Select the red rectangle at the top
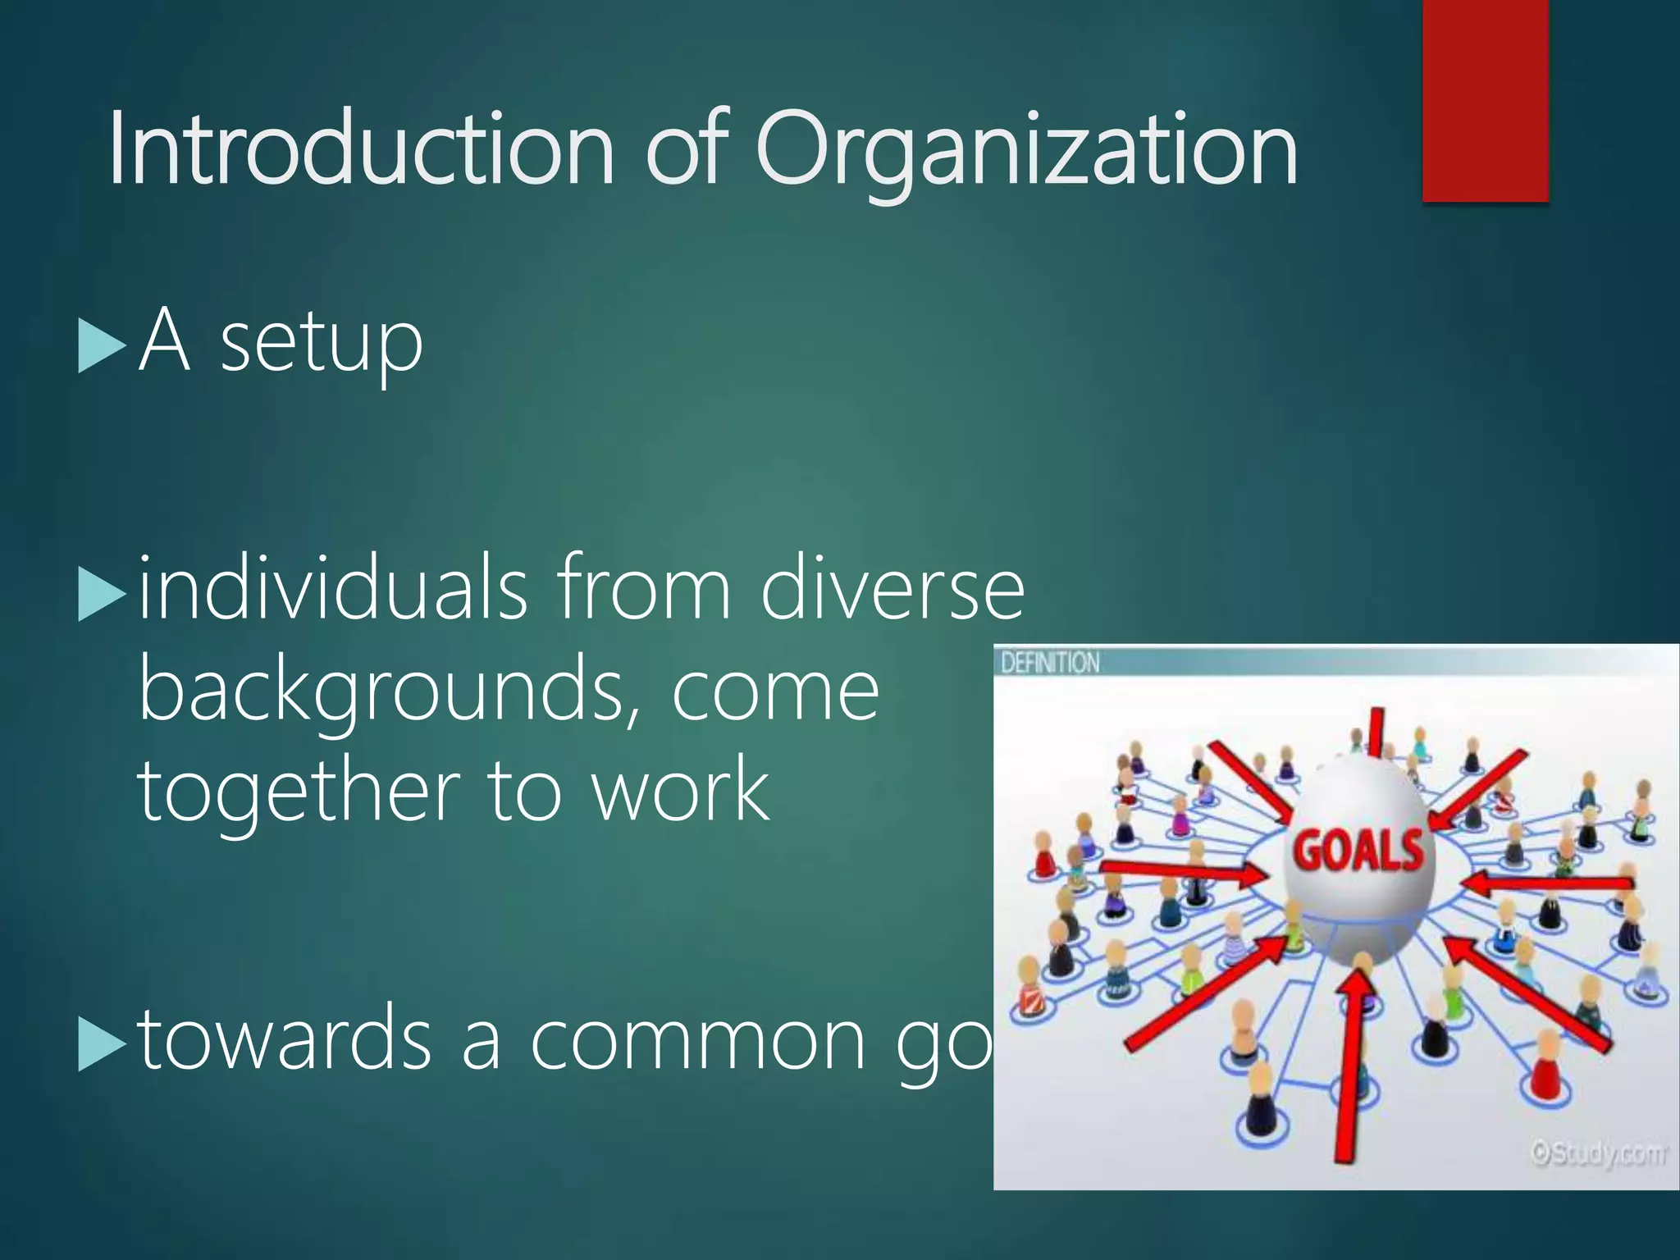click(1485, 100)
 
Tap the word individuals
click(332, 587)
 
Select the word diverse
click(892, 587)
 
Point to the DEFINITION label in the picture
click(1050, 662)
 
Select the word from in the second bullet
click(644, 587)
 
